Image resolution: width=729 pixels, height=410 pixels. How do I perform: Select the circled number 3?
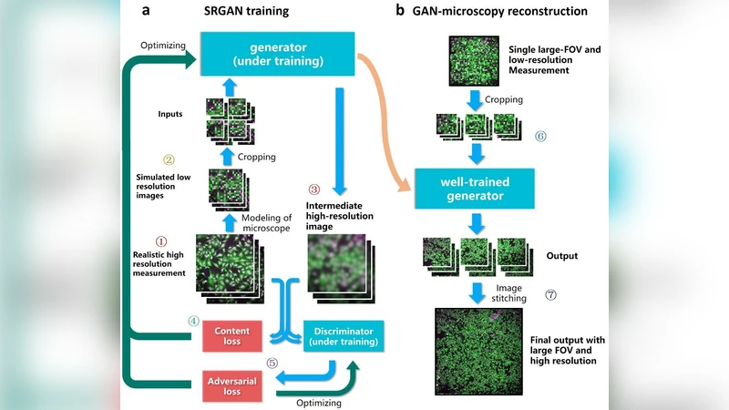coord(314,190)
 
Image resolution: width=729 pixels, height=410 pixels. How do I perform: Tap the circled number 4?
coord(193,321)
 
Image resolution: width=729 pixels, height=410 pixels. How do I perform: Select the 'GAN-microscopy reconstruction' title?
coord(503,11)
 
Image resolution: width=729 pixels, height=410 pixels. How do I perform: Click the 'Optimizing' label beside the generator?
coord(163,45)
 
